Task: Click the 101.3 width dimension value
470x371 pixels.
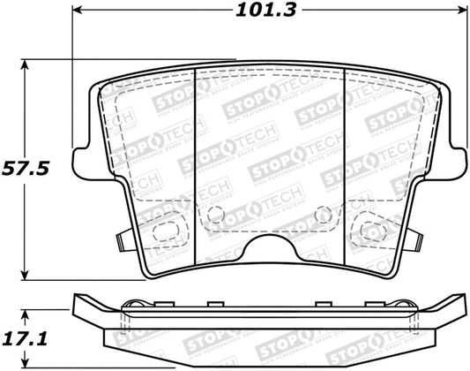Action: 265,12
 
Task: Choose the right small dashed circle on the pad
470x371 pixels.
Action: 321,212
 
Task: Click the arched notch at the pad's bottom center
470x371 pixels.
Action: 265,255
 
